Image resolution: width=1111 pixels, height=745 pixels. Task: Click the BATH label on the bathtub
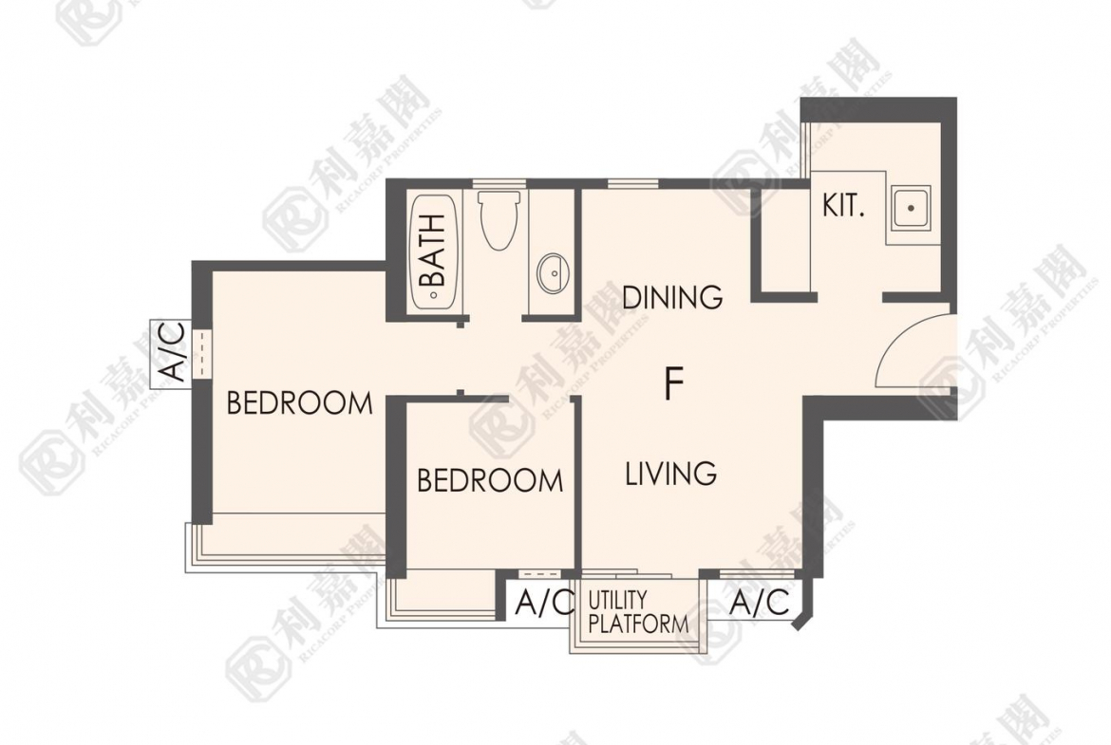[x=433, y=250]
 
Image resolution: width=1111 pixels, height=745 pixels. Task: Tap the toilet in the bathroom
[x=499, y=219]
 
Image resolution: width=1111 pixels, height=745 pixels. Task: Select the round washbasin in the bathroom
[x=553, y=272]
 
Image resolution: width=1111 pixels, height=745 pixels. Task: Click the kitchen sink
[x=911, y=208]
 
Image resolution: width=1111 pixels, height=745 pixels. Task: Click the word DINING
[x=672, y=297]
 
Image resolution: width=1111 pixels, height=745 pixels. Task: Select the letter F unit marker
[x=674, y=383]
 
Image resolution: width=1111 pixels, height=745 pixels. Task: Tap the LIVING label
[x=671, y=473]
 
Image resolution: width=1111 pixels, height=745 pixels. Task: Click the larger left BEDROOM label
[x=300, y=403]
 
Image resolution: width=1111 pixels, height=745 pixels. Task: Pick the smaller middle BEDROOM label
[x=490, y=481]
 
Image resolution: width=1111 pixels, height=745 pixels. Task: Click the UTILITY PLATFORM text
[x=638, y=612]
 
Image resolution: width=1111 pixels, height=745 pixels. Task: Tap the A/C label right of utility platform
[x=759, y=603]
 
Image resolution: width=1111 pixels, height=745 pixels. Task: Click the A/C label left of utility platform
[x=544, y=603]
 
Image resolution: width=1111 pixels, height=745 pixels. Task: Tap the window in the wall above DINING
[x=633, y=184]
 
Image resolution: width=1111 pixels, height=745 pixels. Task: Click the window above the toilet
[x=499, y=184]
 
